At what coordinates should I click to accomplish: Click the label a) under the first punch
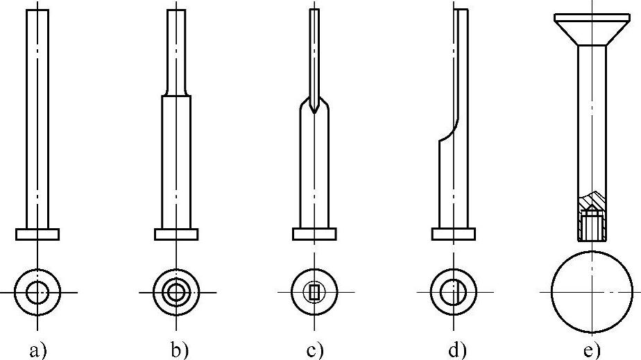(x=38, y=350)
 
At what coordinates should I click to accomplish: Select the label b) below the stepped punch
(x=179, y=350)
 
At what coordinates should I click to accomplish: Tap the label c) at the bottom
(x=316, y=350)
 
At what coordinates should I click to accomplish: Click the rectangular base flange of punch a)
(x=37, y=234)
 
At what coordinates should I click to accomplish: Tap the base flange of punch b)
(x=176, y=234)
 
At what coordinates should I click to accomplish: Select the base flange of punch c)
(x=314, y=234)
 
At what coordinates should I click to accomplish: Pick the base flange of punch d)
(x=453, y=234)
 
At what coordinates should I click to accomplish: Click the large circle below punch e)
(x=592, y=292)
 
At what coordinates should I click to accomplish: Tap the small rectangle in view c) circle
(x=314, y=292)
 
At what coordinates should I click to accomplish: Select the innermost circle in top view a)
(x=37, y=292)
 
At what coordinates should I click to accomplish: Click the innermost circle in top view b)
(x=176, y=292)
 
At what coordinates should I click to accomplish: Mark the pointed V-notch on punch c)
(x=314, y=108)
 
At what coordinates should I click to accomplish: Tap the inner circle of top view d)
(x=453, y=292)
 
